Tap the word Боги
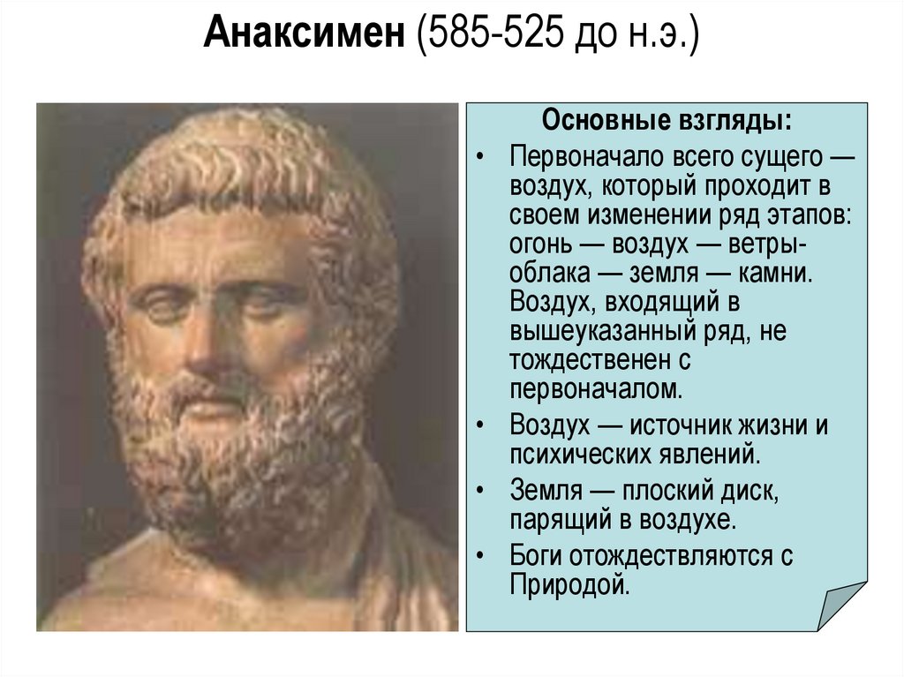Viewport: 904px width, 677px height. [535, 556]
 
